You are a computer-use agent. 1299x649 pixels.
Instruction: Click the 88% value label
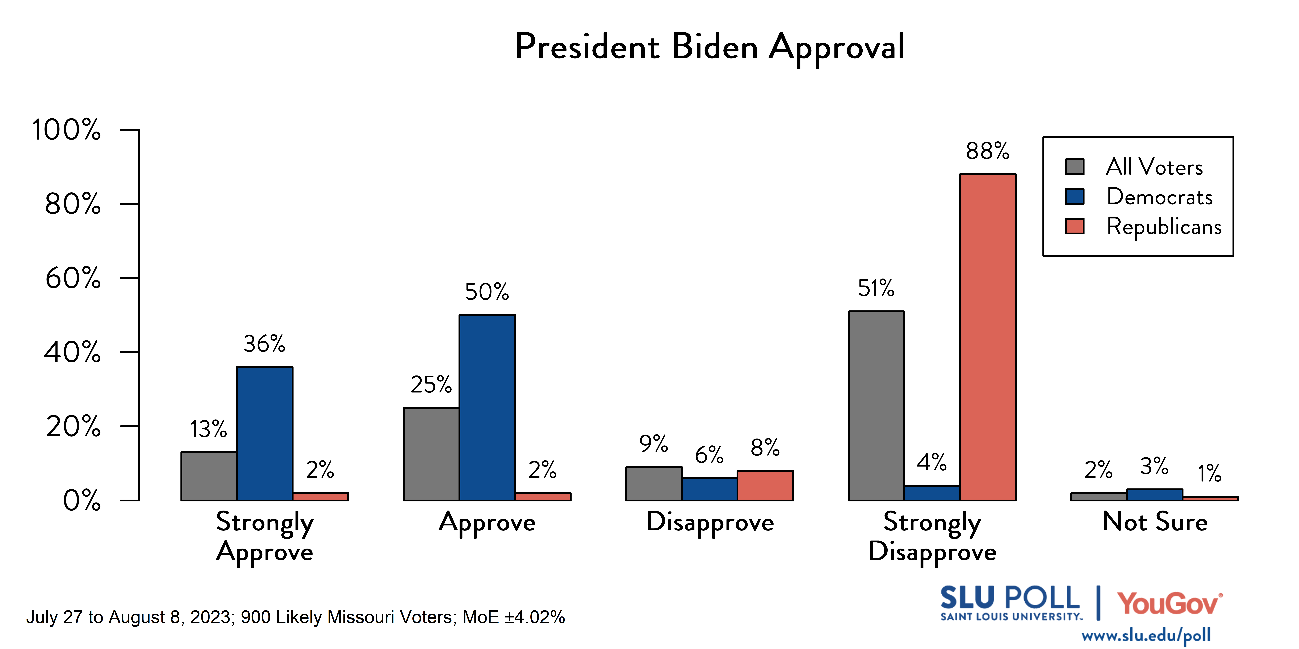click(987, 151)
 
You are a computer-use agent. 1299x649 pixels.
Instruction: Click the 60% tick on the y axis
click(73, 278)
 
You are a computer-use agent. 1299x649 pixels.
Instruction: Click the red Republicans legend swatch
click(1074, 226)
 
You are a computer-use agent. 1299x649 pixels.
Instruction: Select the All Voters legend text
click(1154, 167)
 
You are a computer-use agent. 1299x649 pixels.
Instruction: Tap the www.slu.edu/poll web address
click(1146, 636)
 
